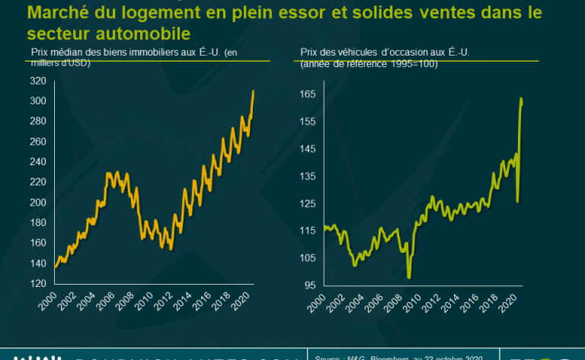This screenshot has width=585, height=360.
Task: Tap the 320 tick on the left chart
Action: (x=38, y=81)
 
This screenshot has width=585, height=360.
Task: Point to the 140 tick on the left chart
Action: (x=38, y=263)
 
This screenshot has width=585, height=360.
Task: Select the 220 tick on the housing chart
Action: (x=38, y=182)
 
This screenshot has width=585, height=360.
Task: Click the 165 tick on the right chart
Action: (x=307, y=94)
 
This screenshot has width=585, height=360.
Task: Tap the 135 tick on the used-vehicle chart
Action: (x=307, y=176)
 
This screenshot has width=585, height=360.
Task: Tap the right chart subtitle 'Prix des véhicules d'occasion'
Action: (x=358, y=52)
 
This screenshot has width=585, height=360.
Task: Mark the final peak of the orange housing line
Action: (x=254, y=91)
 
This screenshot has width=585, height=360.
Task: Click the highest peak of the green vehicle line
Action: (x=521, y=98)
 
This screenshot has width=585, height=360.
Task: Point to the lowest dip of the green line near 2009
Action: (x=409, y=277)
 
